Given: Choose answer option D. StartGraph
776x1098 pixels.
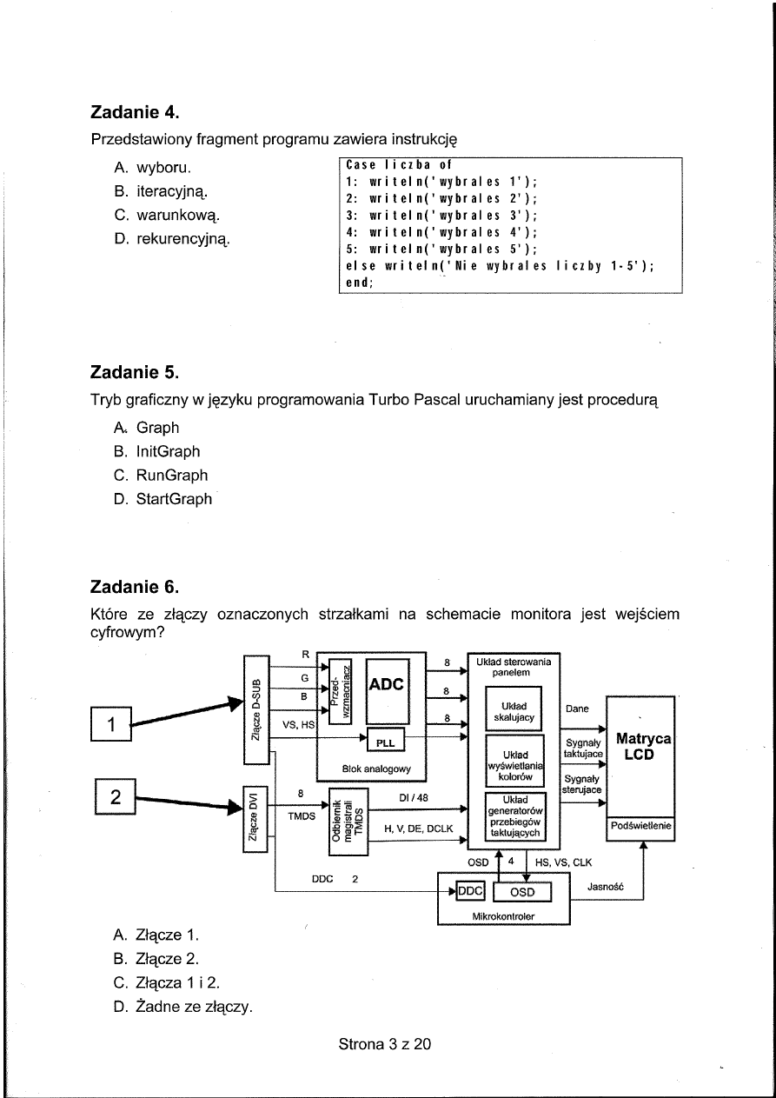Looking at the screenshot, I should point(162,499).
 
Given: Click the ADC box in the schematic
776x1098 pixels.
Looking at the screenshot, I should point(387,684).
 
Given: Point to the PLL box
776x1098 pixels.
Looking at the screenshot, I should point(385,742).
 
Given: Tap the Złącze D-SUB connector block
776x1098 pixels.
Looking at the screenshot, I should point(256,709).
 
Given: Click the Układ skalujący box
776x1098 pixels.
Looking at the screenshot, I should point(514,710).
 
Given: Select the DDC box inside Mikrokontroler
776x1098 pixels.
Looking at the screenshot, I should point(470,892).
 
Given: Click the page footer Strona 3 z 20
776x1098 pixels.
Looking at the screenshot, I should point(385,1044).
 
